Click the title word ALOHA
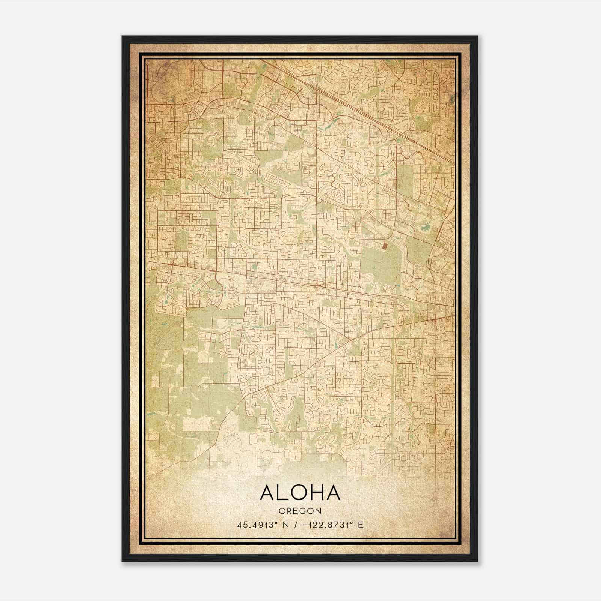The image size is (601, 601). click(x=300, y=493)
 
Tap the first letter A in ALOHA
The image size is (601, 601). click(x=267, y=493)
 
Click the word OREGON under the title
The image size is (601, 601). click(x=300, y=511)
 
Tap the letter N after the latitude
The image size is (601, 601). click(x=286, y=525)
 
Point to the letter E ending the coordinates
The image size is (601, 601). click(x=361, y=525)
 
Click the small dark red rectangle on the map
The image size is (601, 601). click(x=384, y=246)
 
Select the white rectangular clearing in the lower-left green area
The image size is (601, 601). click(x=199, y=427)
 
